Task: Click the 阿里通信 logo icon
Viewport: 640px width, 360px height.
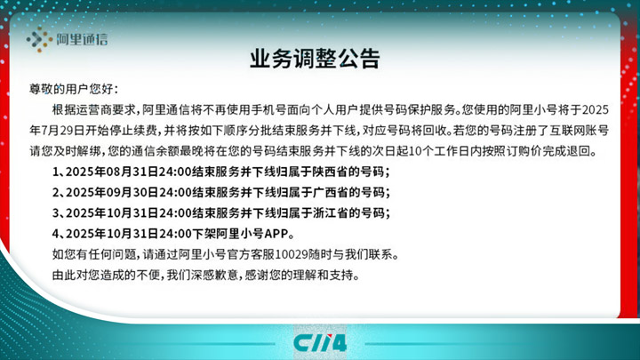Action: click(x=40, y=39)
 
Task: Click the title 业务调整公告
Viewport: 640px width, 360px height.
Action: click(x=315, y=59)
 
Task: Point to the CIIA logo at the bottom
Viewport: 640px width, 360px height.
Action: click(x=320, y=343)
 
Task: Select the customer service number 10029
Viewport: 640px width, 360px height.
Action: click(x=292, y=255)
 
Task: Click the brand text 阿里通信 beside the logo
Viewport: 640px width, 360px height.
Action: click(x=82, y=40)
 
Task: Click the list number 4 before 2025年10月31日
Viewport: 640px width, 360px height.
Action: click(x=55, y=234)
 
